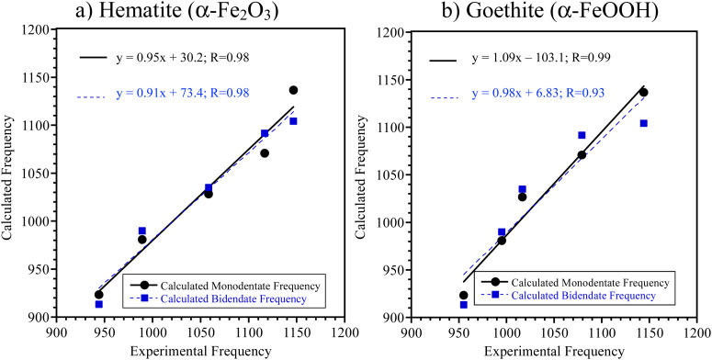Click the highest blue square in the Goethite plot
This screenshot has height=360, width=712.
pos(582,135)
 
